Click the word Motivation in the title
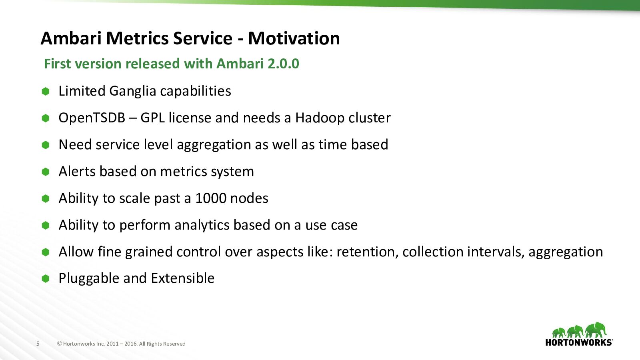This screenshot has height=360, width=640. coord(294,38)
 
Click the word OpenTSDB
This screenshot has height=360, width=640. coord(92,118)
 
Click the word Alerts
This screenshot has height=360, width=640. coord(77,172)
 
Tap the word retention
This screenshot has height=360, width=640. coord(367,252)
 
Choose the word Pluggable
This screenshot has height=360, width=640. coord(89,278)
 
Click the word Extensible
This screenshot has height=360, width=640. coord(182,278)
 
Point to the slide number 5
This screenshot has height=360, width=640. coord(38,344)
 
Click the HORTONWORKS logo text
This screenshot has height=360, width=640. coord(579,342)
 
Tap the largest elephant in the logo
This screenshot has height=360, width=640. coord(596,330)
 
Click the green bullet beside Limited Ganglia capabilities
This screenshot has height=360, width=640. coord(46,92)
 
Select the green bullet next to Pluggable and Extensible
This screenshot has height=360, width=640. coord(46,278)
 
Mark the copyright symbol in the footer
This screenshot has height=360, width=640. coord(60,344)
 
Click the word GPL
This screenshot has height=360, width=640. coord(152,118)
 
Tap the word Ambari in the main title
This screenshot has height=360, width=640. coord(71,38)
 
